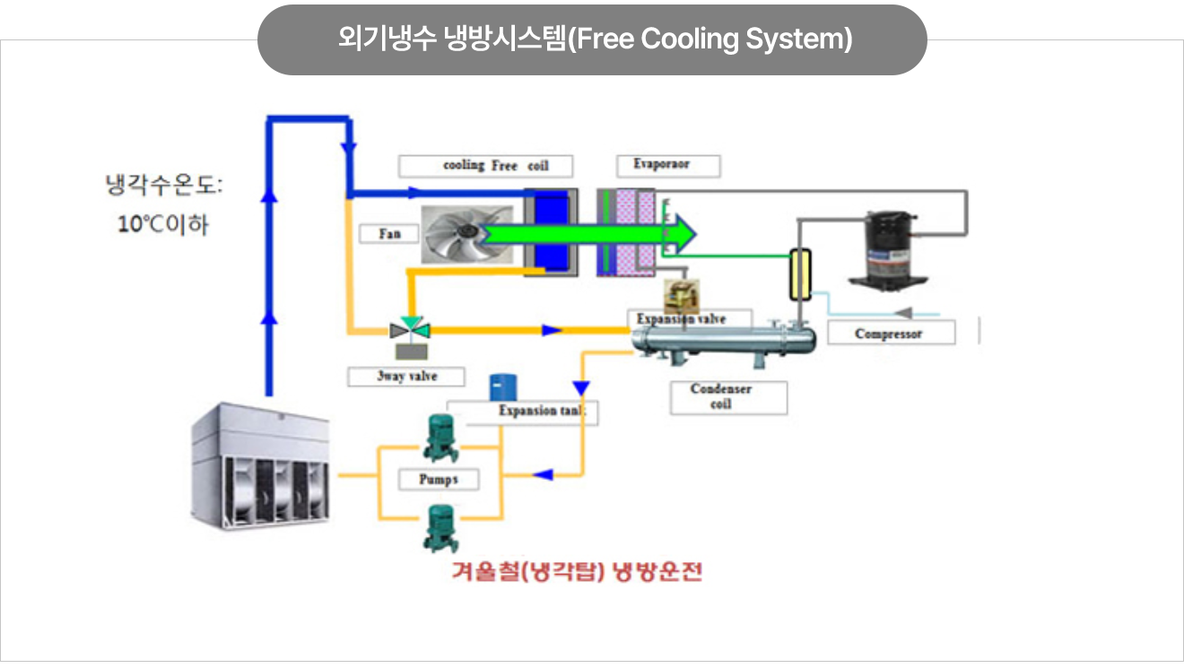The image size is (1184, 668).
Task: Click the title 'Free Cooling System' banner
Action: tap(592, 40)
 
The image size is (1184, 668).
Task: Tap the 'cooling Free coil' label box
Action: tap(485, 166)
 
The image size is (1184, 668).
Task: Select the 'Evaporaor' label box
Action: tap(667, 165)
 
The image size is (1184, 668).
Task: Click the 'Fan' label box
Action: tap(390, 234)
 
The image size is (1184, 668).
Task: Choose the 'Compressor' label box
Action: tap(890, 334)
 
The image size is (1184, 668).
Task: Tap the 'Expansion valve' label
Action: tap(682, 319)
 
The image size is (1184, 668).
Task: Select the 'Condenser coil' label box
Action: tap(728, 397)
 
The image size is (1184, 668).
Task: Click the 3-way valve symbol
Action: tap(415, 330)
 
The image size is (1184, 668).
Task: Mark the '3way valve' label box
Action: tap(406, 377)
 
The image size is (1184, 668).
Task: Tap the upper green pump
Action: tap(440, 438)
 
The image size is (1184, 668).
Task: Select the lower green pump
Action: tap(440, 526)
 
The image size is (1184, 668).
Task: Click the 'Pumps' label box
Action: tap(439, 480)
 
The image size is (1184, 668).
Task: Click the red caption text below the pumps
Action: tap(577, 572)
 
